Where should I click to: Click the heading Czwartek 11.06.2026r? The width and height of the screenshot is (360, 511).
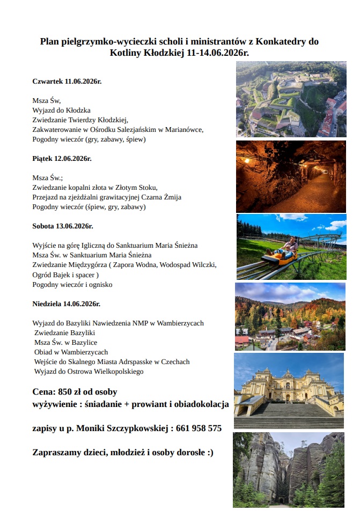[67, 81]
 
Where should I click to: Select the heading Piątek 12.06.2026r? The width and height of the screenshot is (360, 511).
[62, 159]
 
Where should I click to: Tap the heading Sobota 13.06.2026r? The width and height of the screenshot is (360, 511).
[63, 226]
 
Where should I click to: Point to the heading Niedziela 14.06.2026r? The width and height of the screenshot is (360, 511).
[66, 303]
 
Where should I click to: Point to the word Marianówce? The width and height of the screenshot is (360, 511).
[185, 129]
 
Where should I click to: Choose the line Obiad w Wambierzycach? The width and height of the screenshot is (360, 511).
[71, 352]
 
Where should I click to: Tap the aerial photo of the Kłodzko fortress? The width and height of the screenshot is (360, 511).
[291, 99]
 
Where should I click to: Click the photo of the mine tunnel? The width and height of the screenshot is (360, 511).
[291, 176]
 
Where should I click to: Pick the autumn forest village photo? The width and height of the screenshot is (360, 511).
[290, 316]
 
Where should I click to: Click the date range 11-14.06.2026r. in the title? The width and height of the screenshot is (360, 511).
[213, 53]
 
